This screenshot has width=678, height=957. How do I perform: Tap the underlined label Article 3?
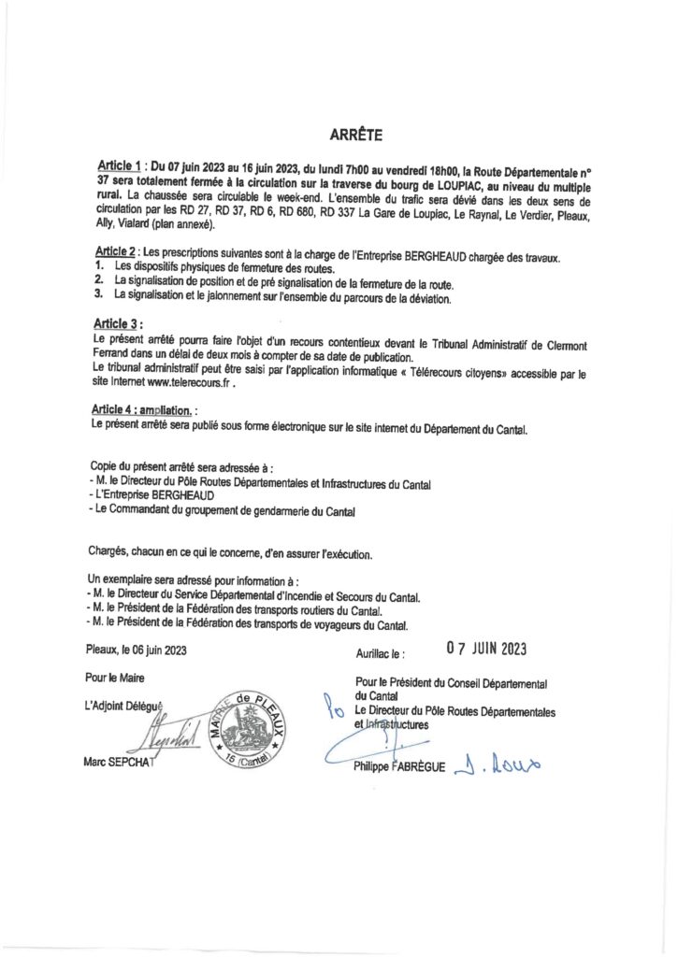[119, 323]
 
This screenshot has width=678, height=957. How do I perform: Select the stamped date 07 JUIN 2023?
[486, 647]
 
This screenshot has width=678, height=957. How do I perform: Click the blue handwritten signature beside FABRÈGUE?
[497, 765]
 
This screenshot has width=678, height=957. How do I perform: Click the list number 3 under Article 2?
[98, 299]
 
